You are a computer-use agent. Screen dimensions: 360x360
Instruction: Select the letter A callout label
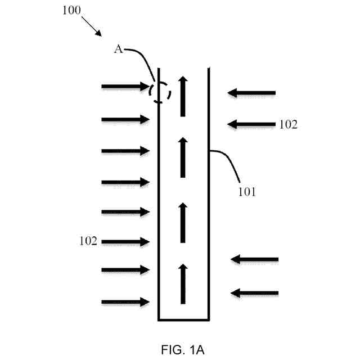point(119,49)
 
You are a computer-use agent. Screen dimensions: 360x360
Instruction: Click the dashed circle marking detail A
point(160,91)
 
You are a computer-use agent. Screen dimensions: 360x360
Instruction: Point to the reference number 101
point(246,192)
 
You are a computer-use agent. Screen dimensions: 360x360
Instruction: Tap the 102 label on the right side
point(288,125)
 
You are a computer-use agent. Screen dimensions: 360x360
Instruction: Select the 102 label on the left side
point(88,242)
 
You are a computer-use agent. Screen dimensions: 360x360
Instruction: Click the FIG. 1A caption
point(181,350)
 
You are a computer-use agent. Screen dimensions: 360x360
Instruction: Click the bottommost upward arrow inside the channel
point(183,283)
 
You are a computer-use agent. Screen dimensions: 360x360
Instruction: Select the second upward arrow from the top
point(183,157)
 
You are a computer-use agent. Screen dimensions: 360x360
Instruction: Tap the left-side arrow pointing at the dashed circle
point(125,87)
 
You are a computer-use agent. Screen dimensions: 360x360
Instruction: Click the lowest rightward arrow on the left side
point(125,302)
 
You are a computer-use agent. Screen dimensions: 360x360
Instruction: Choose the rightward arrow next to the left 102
point(125,242)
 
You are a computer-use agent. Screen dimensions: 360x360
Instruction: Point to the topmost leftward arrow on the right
point(251,93)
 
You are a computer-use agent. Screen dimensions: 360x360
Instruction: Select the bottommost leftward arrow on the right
point(255,292)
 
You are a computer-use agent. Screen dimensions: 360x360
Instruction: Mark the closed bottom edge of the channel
point(183,320)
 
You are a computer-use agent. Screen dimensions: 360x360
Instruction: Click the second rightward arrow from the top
point(125,119)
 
